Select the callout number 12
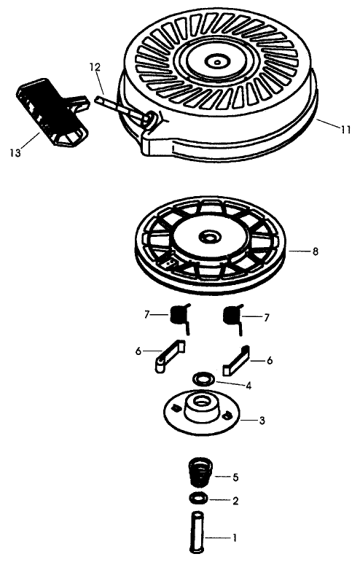pos(95,67)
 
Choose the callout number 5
pos(235,477)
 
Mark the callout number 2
pos(235,501)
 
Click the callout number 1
pos(235,538)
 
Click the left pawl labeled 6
pos(167,357)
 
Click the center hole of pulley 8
pos(211,238)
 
